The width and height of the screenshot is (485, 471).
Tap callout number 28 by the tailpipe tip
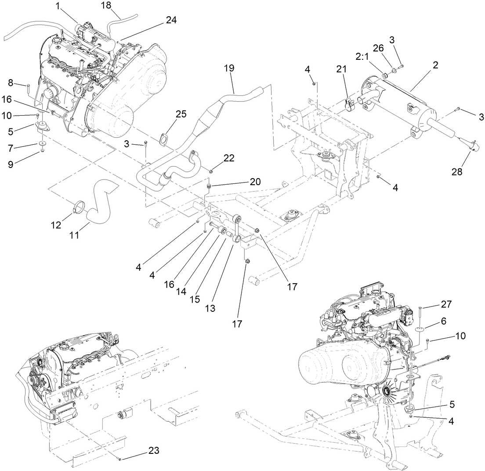[457, 172]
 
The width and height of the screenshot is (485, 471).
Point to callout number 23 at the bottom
[153, 450]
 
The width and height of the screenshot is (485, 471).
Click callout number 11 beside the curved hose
[74, 235]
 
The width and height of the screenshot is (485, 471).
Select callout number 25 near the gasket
[181, 114]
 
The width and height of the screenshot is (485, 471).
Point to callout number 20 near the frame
[243, 182]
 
